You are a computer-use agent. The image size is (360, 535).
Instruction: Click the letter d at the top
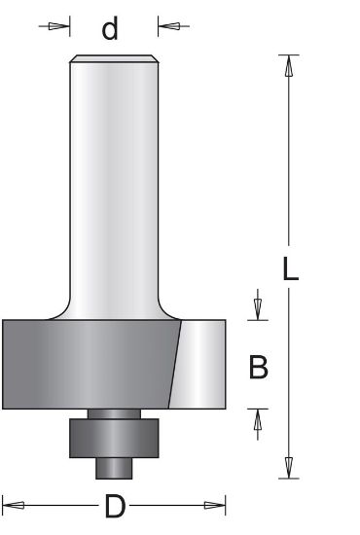click(110, 29)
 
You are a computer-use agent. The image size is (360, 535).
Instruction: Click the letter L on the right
click(289, 269)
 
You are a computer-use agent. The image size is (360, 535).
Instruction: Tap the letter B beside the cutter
click(259, 367)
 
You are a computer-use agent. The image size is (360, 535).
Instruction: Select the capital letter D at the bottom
click(114, 506)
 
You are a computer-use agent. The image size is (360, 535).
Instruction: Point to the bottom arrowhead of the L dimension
click(288, 469)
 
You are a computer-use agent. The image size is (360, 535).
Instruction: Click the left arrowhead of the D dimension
click(12, 505)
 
